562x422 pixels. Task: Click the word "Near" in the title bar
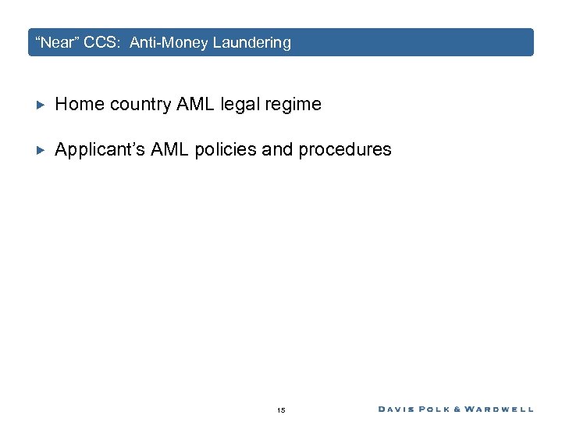click(x=56, y=43)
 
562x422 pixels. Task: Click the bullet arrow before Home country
click(x=42, y=104)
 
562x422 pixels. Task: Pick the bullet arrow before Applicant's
click(x=42, y=149)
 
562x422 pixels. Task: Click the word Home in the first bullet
click(x=80, y=104)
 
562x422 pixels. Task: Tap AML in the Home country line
click(x=193, y=104)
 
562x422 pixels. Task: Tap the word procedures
click(x=347, y=149)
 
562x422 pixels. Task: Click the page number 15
click(x=281, y=409)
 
